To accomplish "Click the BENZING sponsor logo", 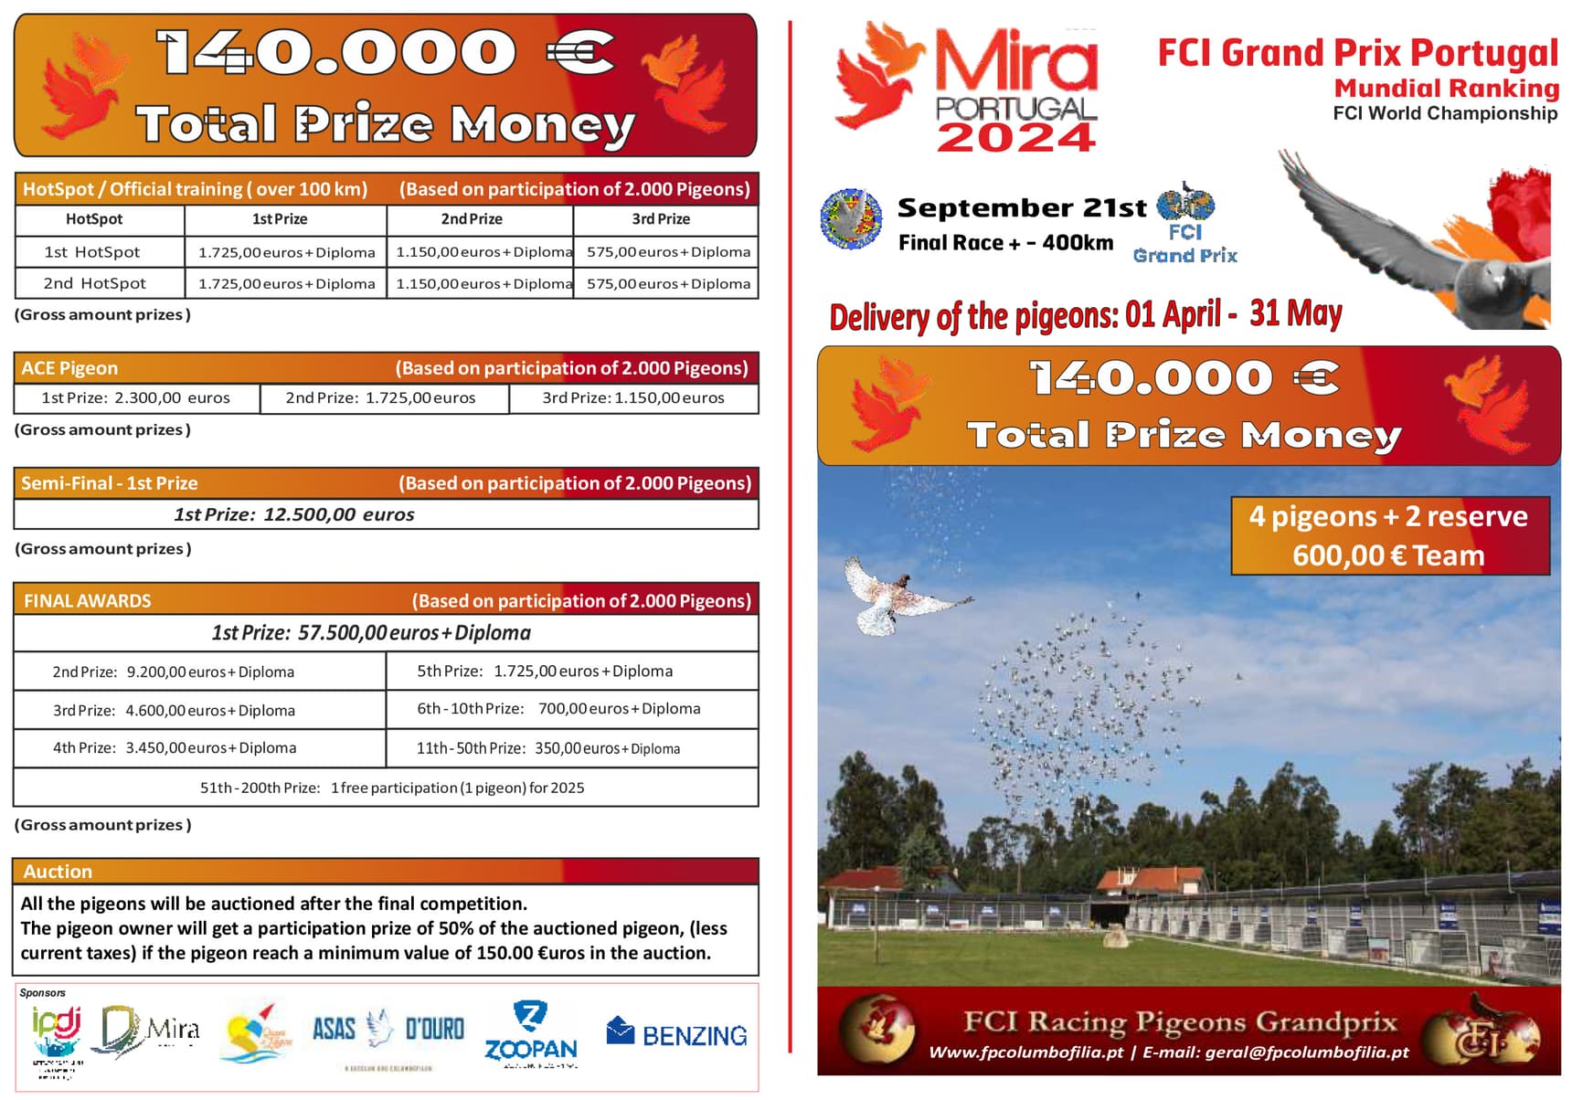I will (x=676, y=1033).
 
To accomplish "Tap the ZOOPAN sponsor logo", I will (x=530, y=1034).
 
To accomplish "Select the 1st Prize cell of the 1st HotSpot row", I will (x=286, y=252).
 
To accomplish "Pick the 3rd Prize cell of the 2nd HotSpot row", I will (x=668, y=284).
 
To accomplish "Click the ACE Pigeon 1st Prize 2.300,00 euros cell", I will (x=136, y=398).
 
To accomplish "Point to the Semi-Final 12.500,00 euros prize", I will (x=294, y=514).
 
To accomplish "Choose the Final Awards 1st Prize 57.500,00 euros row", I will (x=371, y=633).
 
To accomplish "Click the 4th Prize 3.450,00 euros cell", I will (x=175, y=748).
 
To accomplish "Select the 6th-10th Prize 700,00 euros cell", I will (x=558, y=709).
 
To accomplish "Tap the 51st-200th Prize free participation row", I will (x=392, y=788).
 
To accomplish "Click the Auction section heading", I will (x=58, y=872).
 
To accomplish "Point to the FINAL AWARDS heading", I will (x=88, y=601).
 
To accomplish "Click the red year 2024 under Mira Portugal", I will (x=1015, y=138).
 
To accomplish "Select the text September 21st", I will (x=1021, y=208).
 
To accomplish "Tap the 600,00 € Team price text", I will (x=1388, y=555).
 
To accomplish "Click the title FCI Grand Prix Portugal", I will (x=1357, y=53).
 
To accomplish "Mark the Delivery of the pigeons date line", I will (x=1085, y=316).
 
